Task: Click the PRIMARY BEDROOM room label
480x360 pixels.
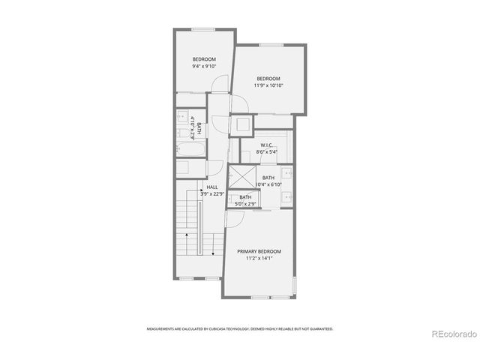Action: (x=259, y=251)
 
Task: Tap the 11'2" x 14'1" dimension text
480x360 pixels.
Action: (x=259, y=259)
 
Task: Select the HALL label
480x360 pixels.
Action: (x=212, y=187)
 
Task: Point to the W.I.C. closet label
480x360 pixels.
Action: (x=266, y=145)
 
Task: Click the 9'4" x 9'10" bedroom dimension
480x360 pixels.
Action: (x=204, y=67)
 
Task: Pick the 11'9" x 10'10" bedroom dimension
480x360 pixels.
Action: (x=268, y=85)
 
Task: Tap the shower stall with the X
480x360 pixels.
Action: (x=241, y=178)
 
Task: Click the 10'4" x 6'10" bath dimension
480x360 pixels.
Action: (x=268, y=184)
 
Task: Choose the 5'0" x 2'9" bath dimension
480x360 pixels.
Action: (x=246, y=203)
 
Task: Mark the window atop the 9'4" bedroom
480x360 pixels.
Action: (x=203, y=29)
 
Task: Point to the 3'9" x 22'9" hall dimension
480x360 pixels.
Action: (x=212, y=193)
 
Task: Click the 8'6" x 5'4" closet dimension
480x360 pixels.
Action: (x=267, y=152)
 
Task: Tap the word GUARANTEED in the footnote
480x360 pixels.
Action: (x=320, y=328)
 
